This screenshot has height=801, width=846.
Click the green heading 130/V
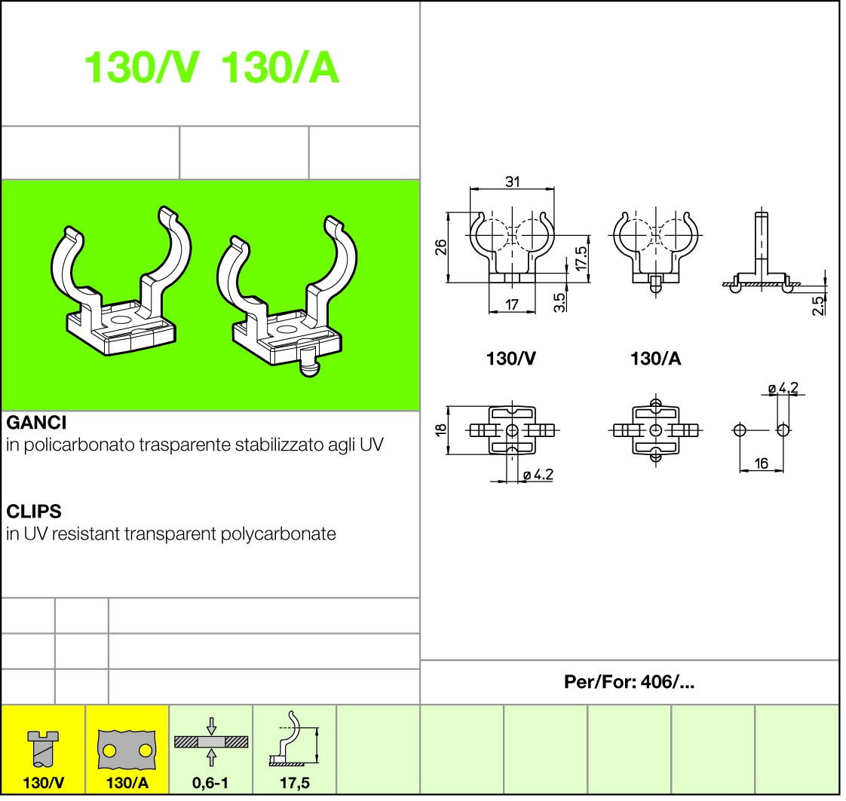point(142,68)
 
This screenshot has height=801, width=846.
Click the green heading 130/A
point(280,68)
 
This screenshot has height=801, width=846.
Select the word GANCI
point(36,423)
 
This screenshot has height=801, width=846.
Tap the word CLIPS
point(34,511)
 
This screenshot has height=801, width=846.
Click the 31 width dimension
point(513,182)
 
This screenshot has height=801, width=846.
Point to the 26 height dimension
point(441,247)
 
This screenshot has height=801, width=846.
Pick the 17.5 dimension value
point(581,258)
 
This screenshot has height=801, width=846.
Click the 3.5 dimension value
point(559,302)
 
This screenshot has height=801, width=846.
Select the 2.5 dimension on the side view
point(819,306)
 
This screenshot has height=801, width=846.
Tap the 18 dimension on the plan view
point(441,430)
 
